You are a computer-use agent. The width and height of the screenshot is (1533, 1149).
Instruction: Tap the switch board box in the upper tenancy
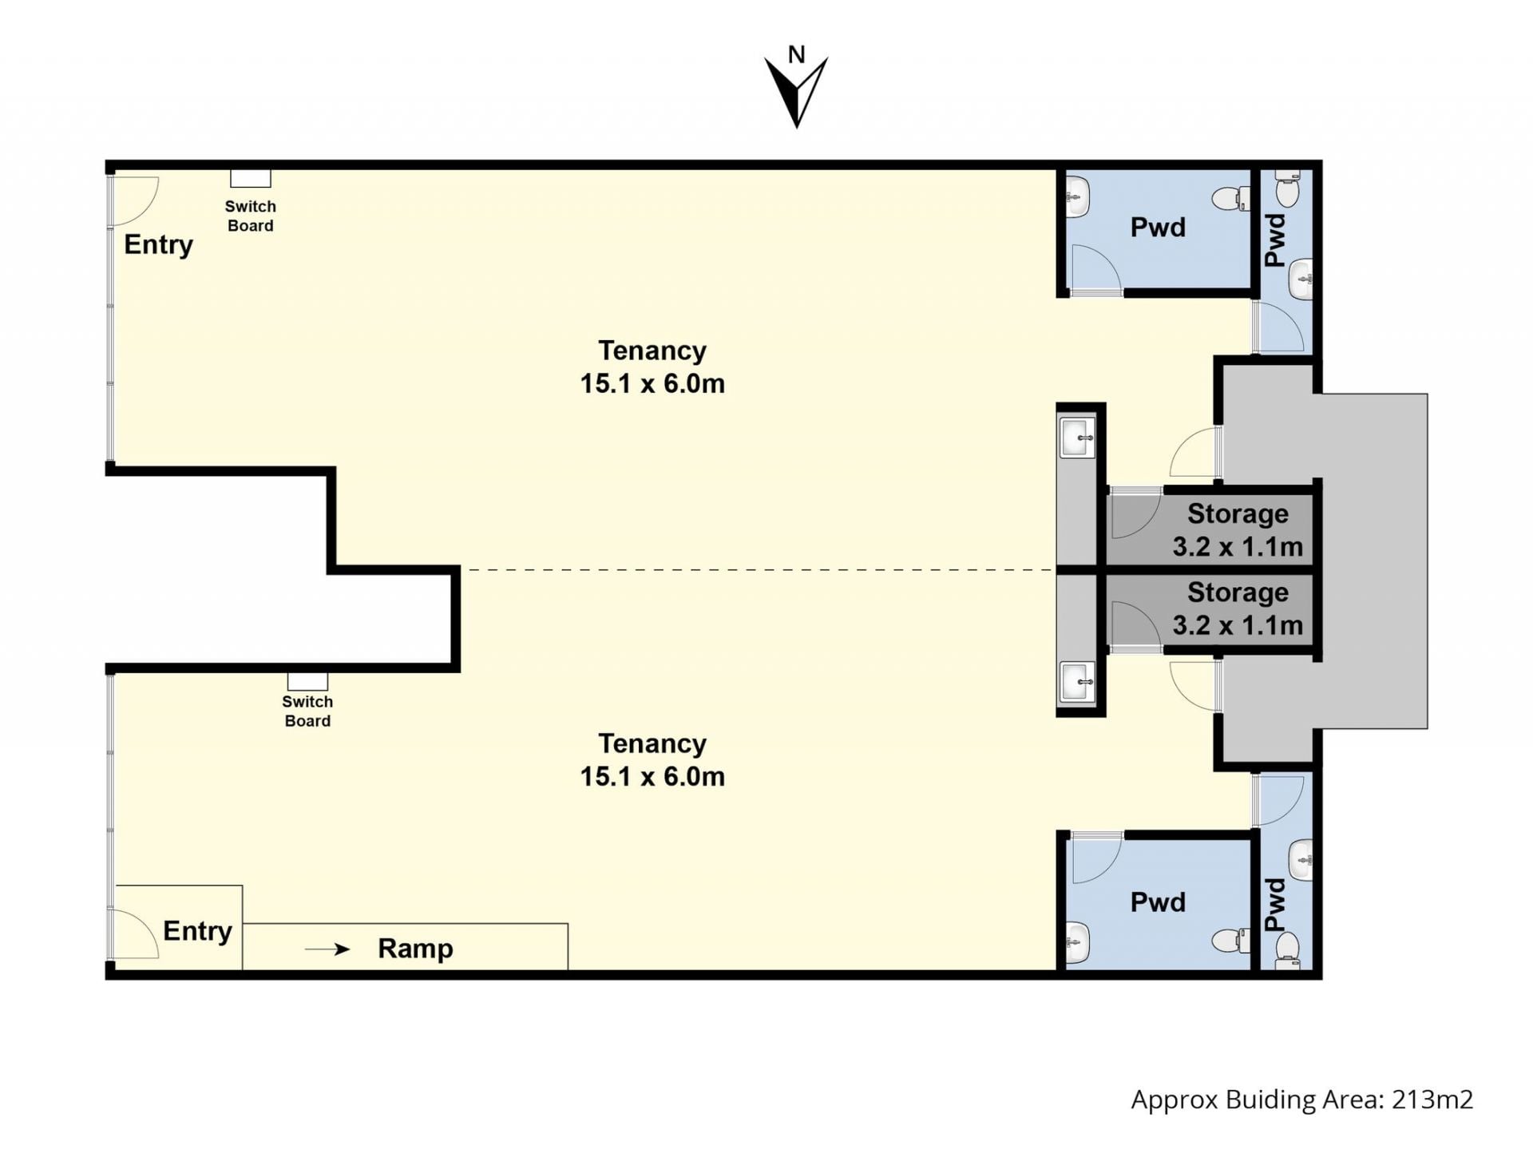tap(251, 178)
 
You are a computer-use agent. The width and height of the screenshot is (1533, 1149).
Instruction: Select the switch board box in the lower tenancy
tap(307, 681)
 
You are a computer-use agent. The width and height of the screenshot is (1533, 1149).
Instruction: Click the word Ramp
tap(415, 948)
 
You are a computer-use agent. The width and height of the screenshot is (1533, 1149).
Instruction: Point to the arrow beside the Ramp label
tap(327, 949)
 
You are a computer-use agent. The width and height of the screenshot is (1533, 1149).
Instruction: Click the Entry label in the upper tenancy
tap(158, 244)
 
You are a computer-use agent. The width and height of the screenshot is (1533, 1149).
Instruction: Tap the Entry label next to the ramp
tap(197, 930)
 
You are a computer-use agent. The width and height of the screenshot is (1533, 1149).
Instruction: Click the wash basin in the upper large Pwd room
tap(1078, 196)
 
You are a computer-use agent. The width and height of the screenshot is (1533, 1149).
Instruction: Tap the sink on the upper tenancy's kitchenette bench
tap(1078, 438)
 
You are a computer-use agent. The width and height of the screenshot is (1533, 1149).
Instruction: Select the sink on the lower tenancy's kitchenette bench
tap(1078, 682)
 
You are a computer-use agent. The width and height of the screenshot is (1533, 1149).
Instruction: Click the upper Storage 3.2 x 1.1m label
tap(1238, 530)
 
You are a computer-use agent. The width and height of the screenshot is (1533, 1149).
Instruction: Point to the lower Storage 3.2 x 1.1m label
tap(1238, 608)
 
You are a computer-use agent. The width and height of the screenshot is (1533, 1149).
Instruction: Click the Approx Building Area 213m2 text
tap(1302, 1100)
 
